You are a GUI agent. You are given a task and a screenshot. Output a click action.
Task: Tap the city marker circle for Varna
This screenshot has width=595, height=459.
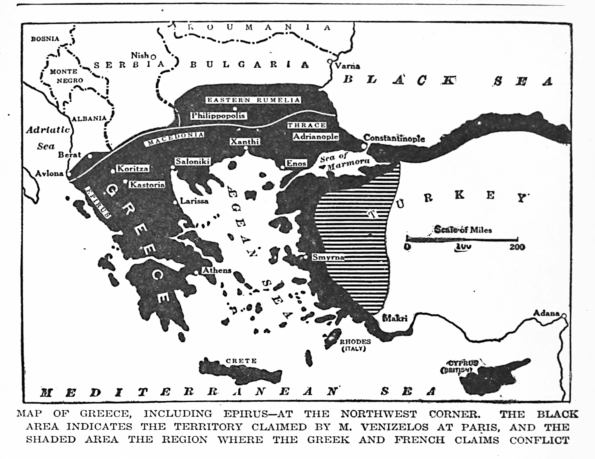pyautogui.click(x=330, y=61)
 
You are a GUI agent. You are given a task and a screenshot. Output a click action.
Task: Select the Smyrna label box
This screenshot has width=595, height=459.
pyautogui.click(x=328, y=257)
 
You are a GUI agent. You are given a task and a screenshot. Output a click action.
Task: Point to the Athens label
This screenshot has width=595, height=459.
pyautogui.click(x=217, y=270)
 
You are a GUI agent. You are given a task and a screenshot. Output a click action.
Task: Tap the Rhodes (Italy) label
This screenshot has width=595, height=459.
pyautogui.click(x=355, y=345)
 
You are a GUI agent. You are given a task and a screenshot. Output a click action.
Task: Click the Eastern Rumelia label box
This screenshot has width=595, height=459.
pyautogui.click(x=253, y=100)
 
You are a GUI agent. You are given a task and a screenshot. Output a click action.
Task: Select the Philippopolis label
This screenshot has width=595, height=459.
pyautogui.click(x=218, y=116)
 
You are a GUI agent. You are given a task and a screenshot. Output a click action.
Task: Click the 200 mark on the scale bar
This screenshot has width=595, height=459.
pyautogui.click(x=517, y=247)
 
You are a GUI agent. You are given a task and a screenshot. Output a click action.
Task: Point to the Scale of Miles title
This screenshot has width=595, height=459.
pyautogui.click(x=463, y=230)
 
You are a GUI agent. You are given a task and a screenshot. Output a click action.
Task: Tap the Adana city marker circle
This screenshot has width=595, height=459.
pyautogui.click(x=564, y=316)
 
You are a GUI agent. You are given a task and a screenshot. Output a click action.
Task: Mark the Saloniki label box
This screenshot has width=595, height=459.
pyautogui.click(x=192, y=161)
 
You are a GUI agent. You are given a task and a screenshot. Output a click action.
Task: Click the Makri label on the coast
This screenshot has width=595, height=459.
pyautogui.click(x=395, y=318)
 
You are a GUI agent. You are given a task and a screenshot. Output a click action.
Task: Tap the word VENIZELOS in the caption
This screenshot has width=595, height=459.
pyautogui.click(x=394, y=427)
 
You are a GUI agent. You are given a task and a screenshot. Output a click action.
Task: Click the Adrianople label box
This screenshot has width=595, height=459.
pyautogui.click(x=316, y=136)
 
